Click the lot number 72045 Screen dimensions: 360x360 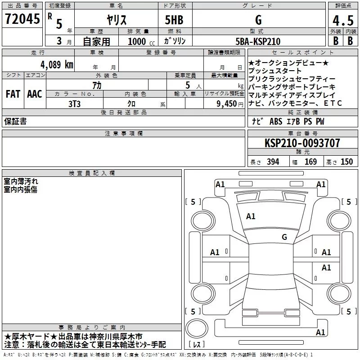22,19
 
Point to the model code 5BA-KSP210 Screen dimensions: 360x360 258,41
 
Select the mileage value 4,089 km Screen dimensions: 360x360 56,64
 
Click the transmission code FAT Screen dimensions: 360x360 13,94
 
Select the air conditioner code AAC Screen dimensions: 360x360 35,94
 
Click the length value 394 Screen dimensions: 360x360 273,162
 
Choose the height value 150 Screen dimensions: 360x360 346,162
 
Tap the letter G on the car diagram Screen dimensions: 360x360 284,237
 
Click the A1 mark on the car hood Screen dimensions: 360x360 251,216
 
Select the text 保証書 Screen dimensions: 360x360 15,121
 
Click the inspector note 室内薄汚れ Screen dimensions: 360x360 21,181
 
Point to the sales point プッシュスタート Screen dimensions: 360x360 275,71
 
